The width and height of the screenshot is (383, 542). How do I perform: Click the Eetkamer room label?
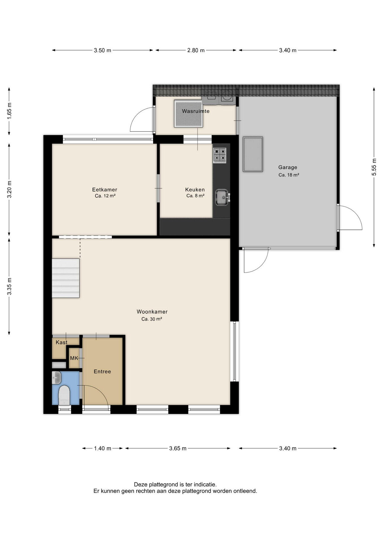pos(105,190)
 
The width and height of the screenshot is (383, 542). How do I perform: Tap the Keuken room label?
pos(195,190)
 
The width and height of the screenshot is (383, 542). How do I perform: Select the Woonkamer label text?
pos(152,312)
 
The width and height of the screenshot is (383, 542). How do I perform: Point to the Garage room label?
pos(288,167)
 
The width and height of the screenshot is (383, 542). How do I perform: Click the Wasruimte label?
pos(196,111)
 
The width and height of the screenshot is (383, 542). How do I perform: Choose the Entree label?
pos(102,371)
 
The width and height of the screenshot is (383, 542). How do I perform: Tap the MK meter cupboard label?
pos(74,358)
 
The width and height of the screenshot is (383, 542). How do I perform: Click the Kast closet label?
pos(61,342)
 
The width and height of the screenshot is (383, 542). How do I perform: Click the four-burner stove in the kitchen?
pos(220,155)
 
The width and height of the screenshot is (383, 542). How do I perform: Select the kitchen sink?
pos(222,197)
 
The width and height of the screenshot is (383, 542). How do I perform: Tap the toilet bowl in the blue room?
pos(64,395)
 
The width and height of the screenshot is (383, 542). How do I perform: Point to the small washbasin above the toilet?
pos(57,378)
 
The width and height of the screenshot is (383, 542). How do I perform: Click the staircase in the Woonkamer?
pos(66,278)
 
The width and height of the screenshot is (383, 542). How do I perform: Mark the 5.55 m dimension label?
pos(374,167)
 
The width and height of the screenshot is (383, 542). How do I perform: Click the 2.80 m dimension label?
pos(196,50)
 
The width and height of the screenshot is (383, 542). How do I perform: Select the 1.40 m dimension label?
pos(103,448)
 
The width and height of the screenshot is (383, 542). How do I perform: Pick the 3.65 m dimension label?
pos(178,448)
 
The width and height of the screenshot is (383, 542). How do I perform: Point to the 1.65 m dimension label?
pos(9,111)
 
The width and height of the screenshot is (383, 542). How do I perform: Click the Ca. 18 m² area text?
pos(289,175)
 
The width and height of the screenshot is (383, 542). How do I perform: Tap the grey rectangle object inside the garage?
pos(253,154)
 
